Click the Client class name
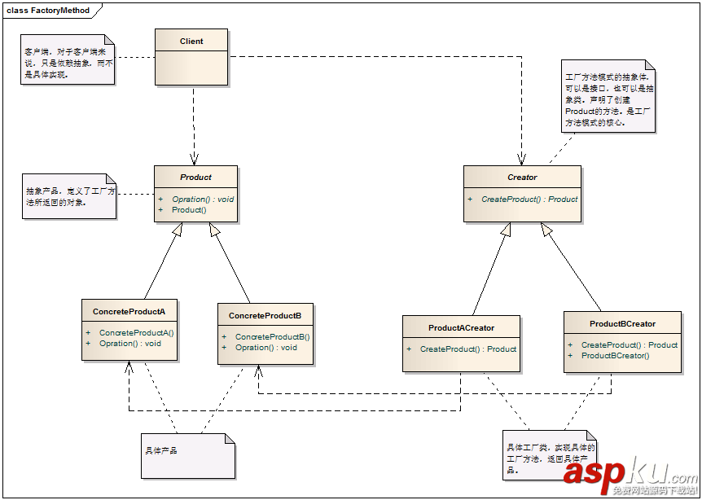[x=191, y=42]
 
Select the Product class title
[x=195, y=177]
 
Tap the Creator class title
[x=521, y=177]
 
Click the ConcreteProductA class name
[x=129, y=312]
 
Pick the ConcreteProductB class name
[x=265, y=315]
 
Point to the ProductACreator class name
[x=461, y=328]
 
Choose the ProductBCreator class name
[x=622, y=323]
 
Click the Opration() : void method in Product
[x=203, y=199]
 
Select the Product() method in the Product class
[x=189, y=210]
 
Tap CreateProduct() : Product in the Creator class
[x=529, y=199]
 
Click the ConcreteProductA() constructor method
[x=137, y=332]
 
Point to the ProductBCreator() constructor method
[x=615, y=356]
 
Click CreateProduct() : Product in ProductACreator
[x=468, y=349]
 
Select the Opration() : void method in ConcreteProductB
[x=266, y=348]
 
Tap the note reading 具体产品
[x=187, y=454]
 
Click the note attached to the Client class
[x=68, y=61]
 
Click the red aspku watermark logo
[x=628, y=471]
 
